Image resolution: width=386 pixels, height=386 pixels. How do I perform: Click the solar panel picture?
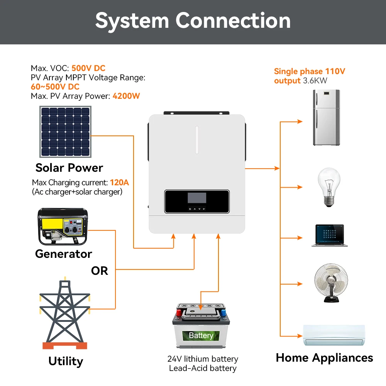[x=65, y=132]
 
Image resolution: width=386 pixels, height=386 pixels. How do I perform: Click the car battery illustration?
[x=201, y=327]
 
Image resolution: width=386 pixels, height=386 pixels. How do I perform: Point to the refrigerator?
[x=326, y=117]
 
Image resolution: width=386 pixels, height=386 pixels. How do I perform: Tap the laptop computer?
[x=329, y=236]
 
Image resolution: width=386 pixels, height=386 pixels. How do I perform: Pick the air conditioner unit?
[x=334, y=335]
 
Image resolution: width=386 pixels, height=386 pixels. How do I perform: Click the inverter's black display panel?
[x=197, y=201]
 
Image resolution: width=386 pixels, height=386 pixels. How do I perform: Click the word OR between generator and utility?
[x=100, y=271]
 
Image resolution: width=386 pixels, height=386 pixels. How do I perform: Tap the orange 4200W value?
[x=126, y=96]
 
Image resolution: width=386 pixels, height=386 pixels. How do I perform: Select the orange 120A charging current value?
[x=119, y=182]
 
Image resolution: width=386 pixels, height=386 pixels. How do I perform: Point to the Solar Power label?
[x=69, y=168]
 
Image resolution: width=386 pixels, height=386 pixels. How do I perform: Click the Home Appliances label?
[x=324, y=358]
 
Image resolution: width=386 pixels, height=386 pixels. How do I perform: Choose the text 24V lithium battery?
[x=203, y=359]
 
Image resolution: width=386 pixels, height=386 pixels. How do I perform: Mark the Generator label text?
[x=64, y=254]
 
